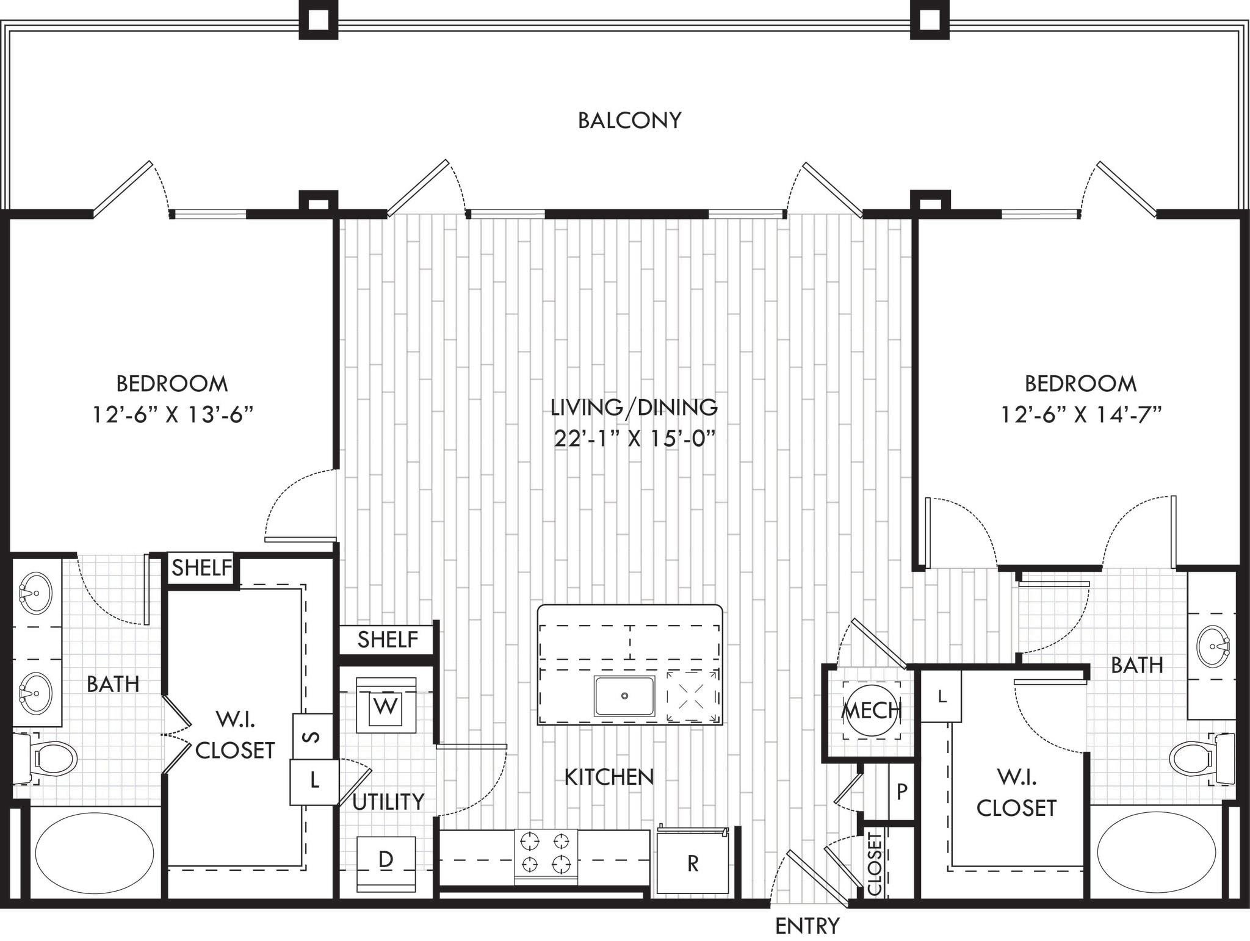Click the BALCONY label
click(x=629, y=120)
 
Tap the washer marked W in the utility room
click(x=385, y=706)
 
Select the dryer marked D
click(x=386, y=860)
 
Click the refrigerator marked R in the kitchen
click(x=693, y=863)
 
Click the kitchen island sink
click(x=624, y=696)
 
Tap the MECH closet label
click(x=871, y=710)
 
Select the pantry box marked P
click(x=901, y=791)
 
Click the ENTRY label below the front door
click(x=807, y=926)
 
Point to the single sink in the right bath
click(x=1213, y=646)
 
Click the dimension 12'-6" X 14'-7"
click(x=1080, y=415)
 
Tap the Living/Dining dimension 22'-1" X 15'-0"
click(x=634, y=438)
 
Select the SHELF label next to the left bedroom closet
click(x=201, y=568)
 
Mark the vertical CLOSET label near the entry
click(x=875, y=863)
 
